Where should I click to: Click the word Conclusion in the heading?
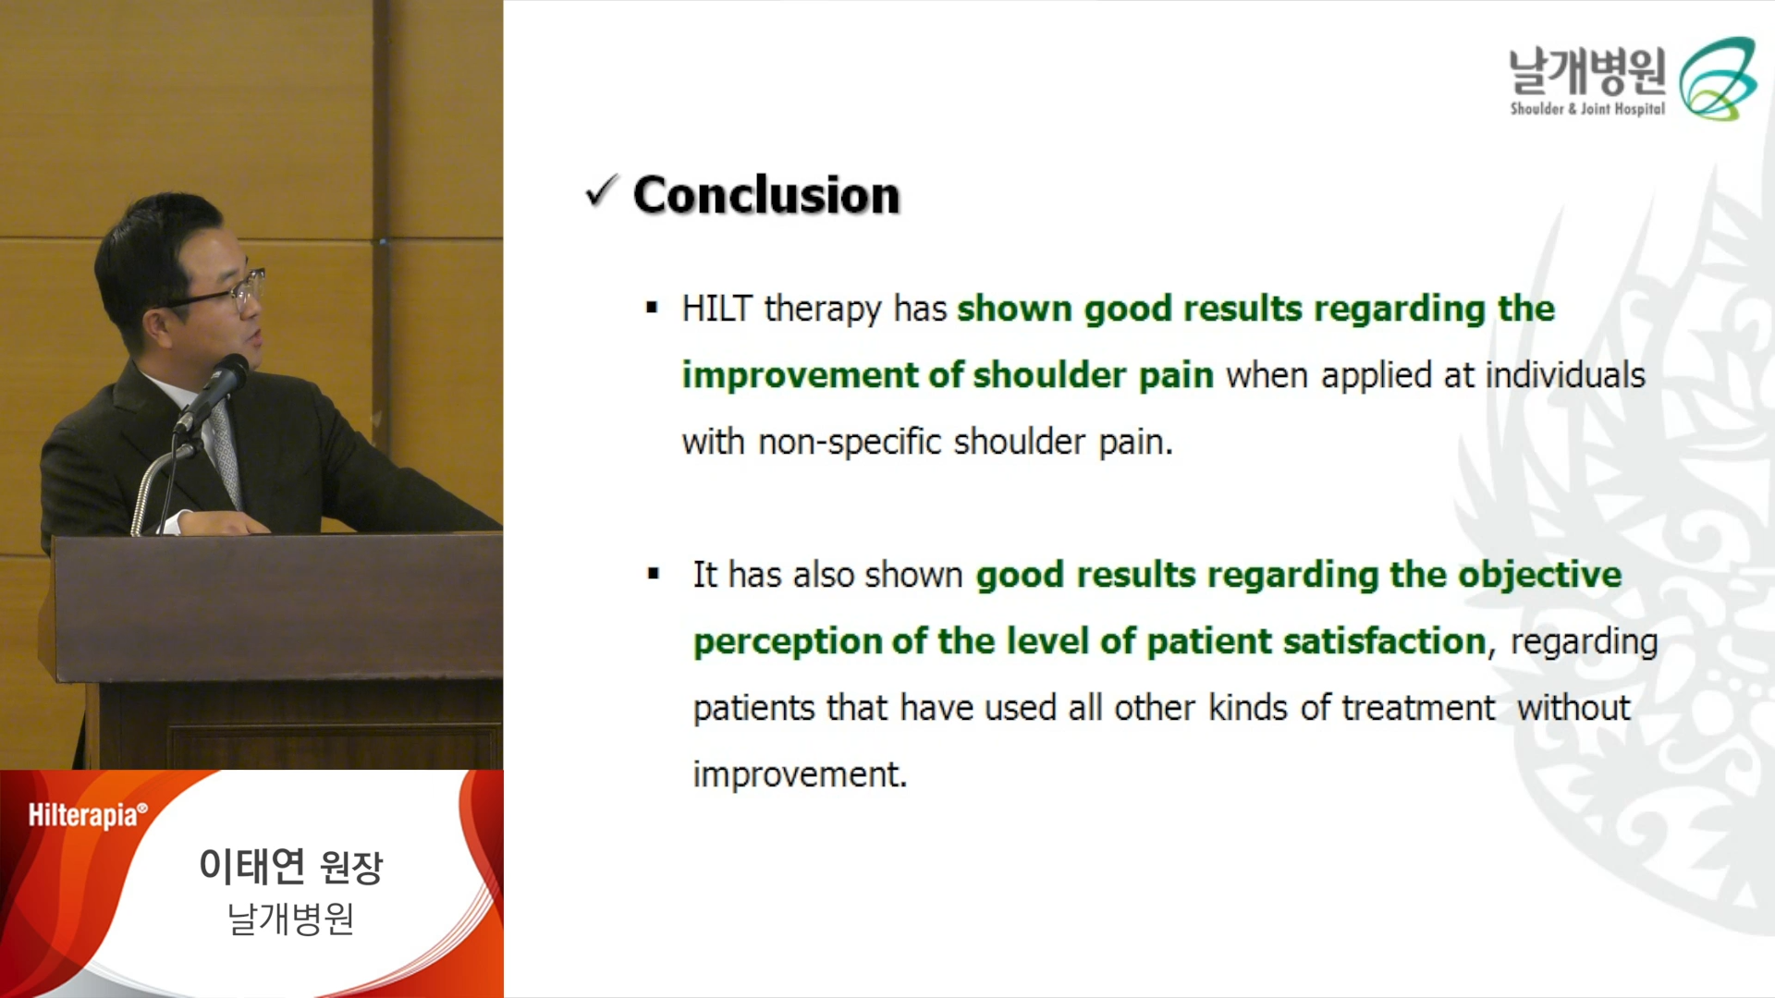click(766, 195)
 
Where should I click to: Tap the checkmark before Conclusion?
click(602, 191)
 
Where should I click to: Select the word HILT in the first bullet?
click(716, 309)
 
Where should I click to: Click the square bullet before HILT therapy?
click(652, 308)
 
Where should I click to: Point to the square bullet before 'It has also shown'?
click(654, 574)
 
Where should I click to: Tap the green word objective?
click(1540, 575)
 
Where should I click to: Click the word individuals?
click(1565, 375)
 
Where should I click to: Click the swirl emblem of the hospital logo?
click(1718, 79)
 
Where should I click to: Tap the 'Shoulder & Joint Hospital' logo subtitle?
click(1587, 109)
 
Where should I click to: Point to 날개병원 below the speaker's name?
click(291, 919)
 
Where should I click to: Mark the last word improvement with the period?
click(801, 774)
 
